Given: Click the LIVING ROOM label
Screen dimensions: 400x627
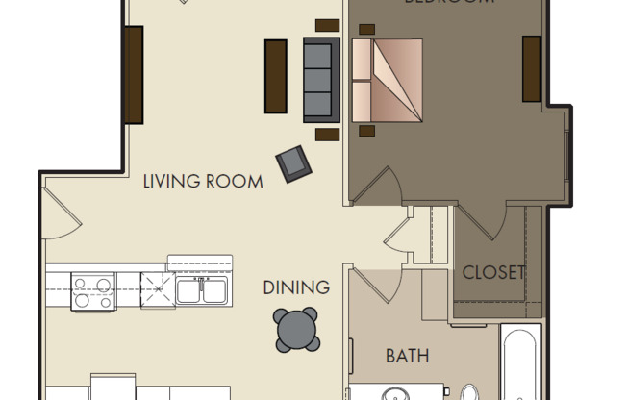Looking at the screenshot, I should pyautogui.click(x=203, y=181).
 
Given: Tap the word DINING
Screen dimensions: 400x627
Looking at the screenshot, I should pyautogui.click(x=296, y=287).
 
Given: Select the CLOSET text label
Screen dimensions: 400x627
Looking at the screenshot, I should pyautogui.click(x=493, y=272).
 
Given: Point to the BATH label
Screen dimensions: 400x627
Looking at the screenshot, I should pyautogui.click(x=407, y=356).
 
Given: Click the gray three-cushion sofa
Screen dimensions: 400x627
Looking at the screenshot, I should pyautogui.click(x=322, y=80).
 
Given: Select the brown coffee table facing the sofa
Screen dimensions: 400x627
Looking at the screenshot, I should pyautogui.click(x=276, y=76).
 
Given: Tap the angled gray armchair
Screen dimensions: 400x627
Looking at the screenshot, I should pyautogui.click(x=294, y=164).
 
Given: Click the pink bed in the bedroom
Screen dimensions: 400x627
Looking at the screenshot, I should pyautogui.click(x=388, y=81).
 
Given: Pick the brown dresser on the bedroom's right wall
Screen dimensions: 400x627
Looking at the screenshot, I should pyautogui.click(x=532, y=68).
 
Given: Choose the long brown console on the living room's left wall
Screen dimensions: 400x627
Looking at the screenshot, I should pyautogui.click(x=134, y=74).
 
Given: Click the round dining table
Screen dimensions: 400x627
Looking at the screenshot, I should pyautogui.click(x=296, y=330).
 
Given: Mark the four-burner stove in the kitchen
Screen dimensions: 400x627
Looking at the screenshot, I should pyautogui.click(x=93, y=291).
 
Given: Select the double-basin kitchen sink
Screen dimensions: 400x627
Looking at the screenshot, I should pyautogui.click(x=201, y=289).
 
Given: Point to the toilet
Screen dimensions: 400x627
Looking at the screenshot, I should pyautogui.click(x=469, y=393).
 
